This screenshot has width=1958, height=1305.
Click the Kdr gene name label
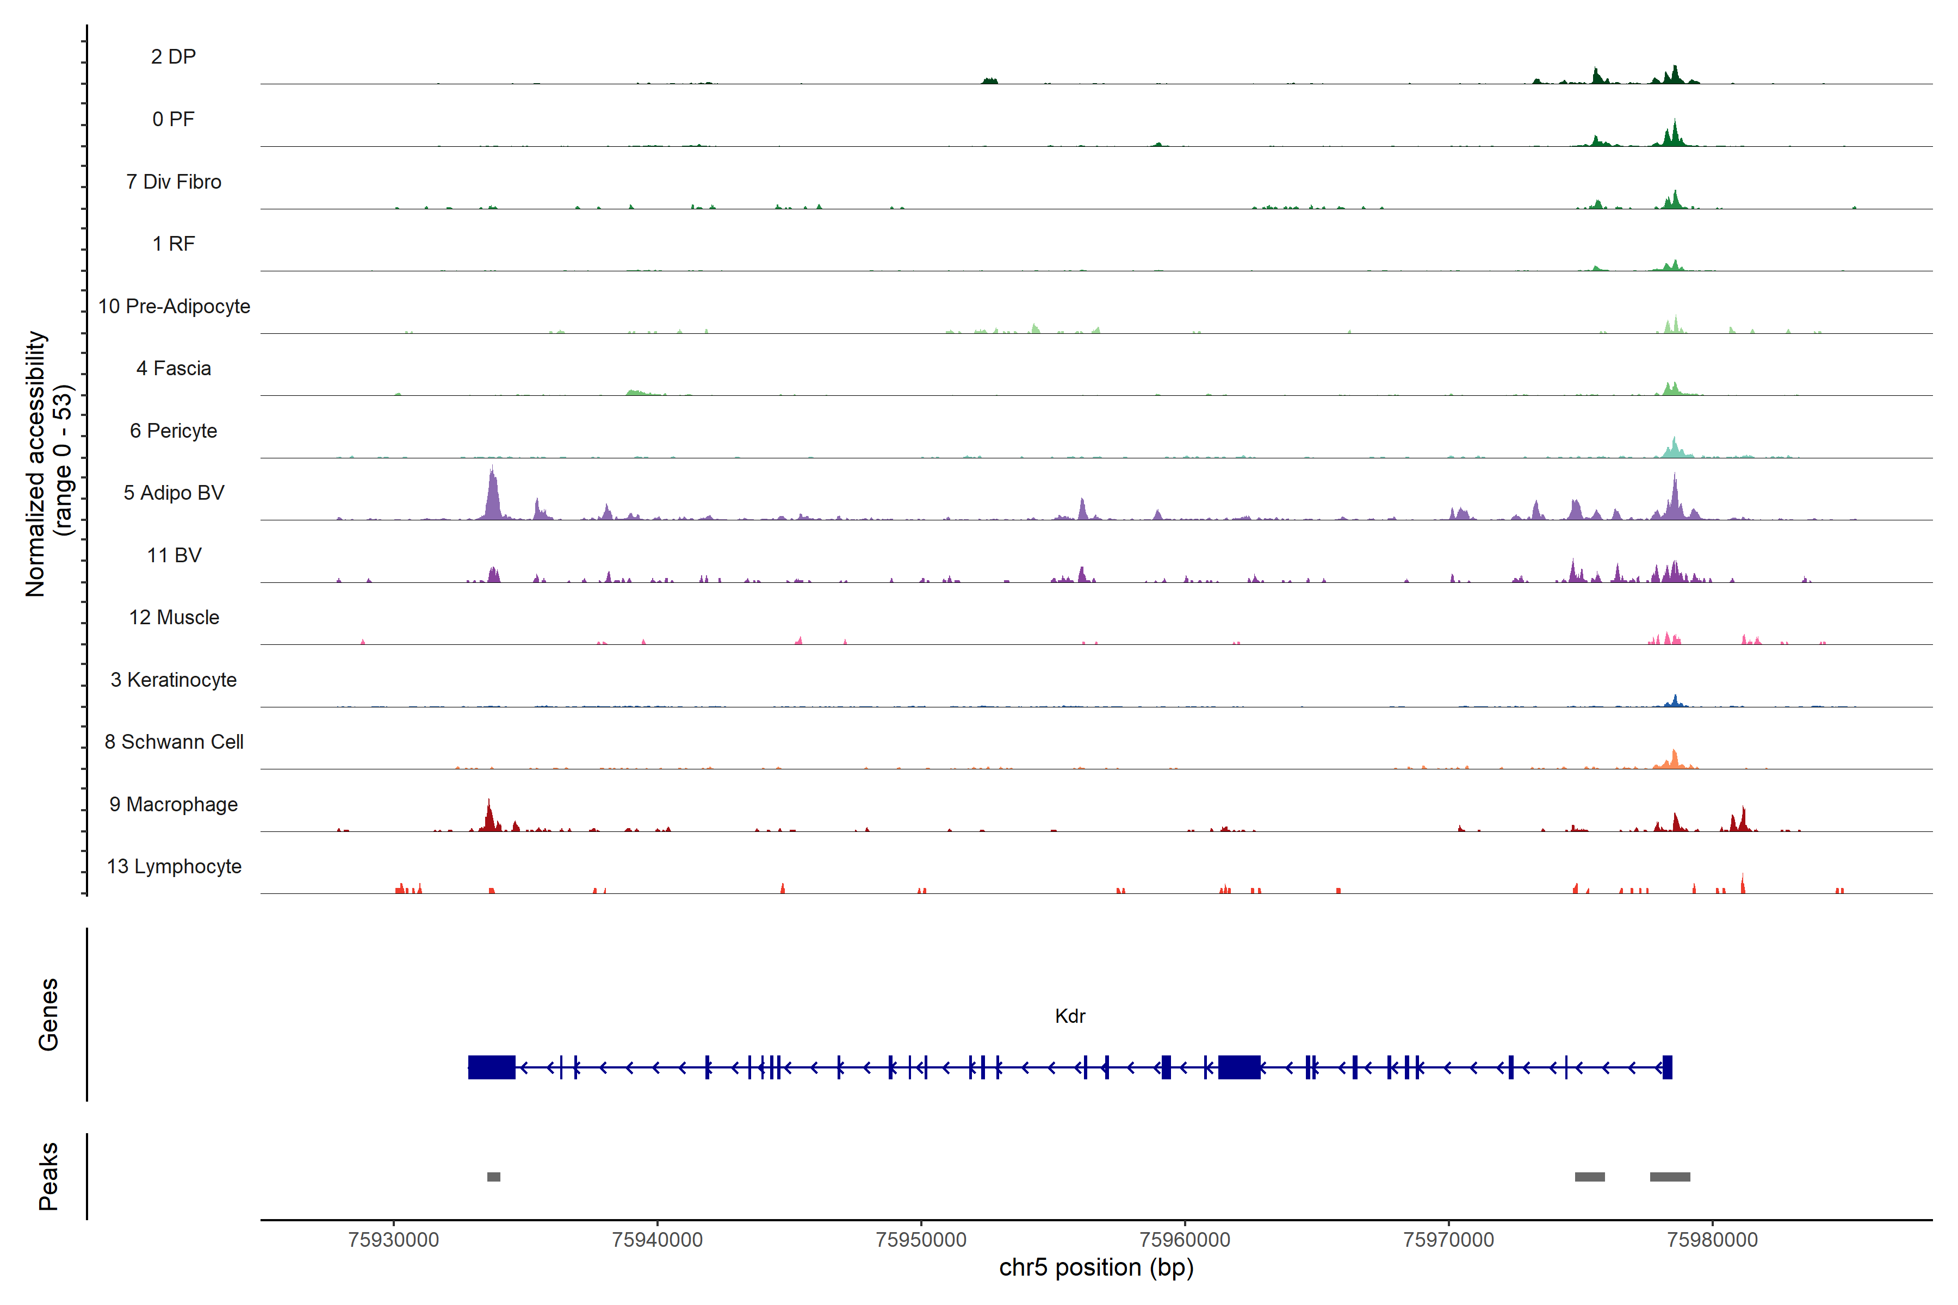click(x=1070, y=1016)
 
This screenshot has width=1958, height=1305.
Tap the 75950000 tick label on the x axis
click(x=921, y=1240)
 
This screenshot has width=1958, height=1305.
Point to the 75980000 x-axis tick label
click(x=1712, y=1240)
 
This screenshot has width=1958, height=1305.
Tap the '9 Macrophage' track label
click(x=174, y=805)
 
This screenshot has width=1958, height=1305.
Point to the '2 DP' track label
click(x=174, y=57)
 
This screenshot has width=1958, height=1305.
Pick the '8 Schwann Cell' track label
click(x=174, y=742)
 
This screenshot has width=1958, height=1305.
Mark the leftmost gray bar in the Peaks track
click(x=494, y=1177)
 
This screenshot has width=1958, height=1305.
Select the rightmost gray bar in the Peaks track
click(x=1670, y=1177)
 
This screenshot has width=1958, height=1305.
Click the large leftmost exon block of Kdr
click(x=491, y=1067)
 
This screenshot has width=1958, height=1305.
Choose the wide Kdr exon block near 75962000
click(x=1239, y=1067)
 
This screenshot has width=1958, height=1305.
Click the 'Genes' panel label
click(x=48, y=1015)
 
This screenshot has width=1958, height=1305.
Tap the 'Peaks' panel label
click(x=48, y=1176)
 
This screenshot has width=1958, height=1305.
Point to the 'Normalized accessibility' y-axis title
click(x=35, y=464)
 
